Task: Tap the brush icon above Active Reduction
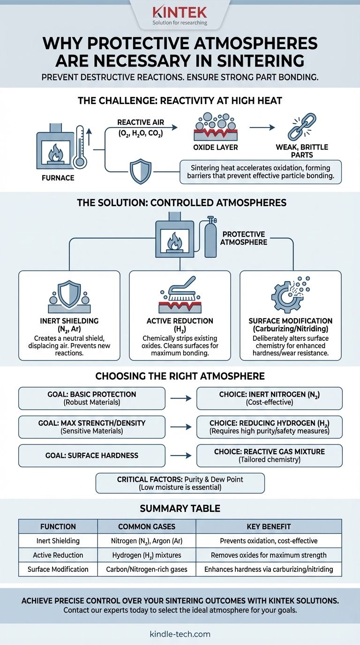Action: pos(180,294)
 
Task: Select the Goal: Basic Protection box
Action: pos(92,398)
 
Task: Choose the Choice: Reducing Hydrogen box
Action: pos(269,427)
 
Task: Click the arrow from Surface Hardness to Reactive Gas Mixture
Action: pos(180,456)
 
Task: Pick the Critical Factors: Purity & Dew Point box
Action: pos(180,483)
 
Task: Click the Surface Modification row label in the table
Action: pos(58,569)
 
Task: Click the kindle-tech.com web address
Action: pos(180,634)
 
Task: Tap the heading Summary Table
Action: pos(180,509)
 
